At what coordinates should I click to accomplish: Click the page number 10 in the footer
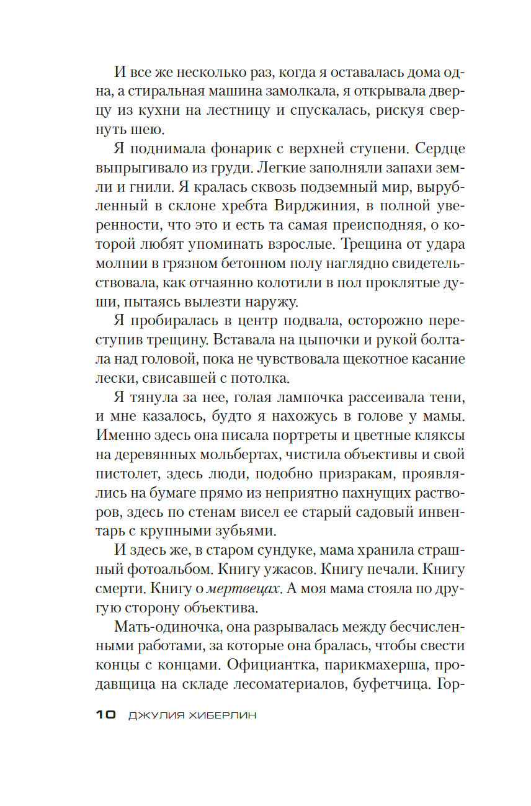click(106, 715)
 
